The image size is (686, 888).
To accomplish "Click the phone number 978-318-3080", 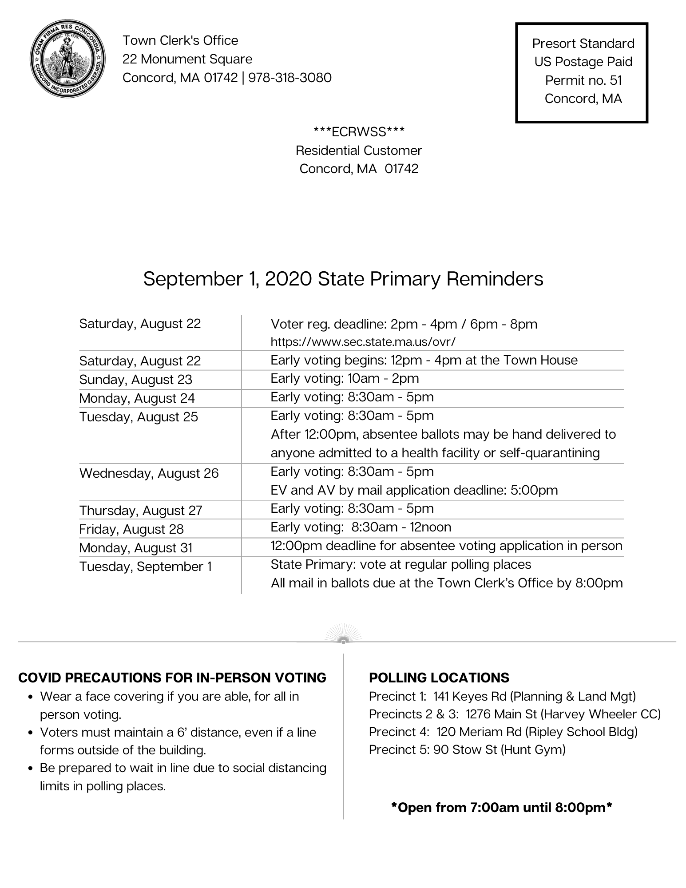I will coord(290,78).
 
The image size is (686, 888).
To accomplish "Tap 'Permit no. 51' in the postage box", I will coord(583,80).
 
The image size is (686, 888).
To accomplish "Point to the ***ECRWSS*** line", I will coord(359,131).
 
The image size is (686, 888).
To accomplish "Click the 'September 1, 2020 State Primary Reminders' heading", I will coord(343,279).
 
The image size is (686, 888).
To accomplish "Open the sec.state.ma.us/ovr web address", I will coord(363,341).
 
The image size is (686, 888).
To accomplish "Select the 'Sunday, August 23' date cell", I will coord(135,380).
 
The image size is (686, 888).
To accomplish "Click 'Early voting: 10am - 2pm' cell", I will coord(345,378).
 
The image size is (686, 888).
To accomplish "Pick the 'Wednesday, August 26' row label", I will coord(149,473).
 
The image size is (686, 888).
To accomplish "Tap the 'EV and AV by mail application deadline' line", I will coord(414,490).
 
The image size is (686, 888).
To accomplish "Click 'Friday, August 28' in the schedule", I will coord(131,529).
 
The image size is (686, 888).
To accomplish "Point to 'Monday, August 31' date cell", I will coord(135,548).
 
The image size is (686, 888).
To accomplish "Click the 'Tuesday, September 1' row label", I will coord(145,567).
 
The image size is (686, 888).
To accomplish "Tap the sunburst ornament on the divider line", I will coord(343,634).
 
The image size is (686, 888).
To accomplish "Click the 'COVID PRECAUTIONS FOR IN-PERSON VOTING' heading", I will coord(172,678).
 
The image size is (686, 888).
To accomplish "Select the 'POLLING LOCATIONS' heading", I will coord(439,678).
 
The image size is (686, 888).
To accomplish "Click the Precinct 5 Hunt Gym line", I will coord(467,749).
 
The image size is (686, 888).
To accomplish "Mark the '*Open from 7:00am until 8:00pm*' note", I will coord(501,807).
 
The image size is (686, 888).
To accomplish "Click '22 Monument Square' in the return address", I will coord(187,59).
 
